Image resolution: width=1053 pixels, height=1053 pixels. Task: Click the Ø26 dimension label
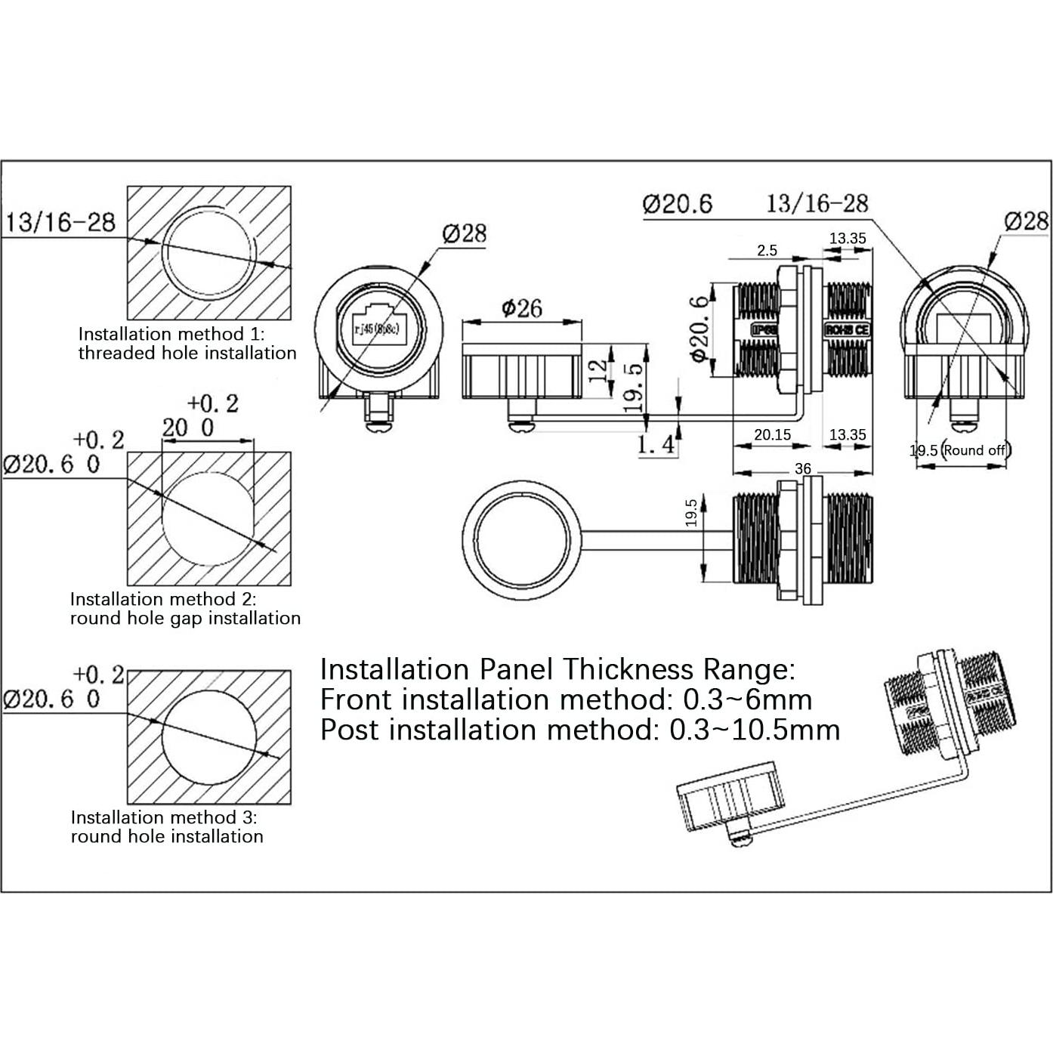tap(520, 308)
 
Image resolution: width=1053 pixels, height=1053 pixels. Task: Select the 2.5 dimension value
tap(767, 251)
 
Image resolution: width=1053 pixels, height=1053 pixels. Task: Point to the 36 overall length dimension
tap(802, 469)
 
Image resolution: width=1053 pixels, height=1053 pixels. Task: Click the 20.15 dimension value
tap(772, 435)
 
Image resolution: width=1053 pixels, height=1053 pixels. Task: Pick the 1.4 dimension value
tap(656, 445)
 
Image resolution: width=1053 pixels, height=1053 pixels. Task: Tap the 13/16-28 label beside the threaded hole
tap(61, 222)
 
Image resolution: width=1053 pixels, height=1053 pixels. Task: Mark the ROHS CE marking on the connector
tap(847, 330)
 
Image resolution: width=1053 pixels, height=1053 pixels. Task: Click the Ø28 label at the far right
tap(1026, 221)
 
